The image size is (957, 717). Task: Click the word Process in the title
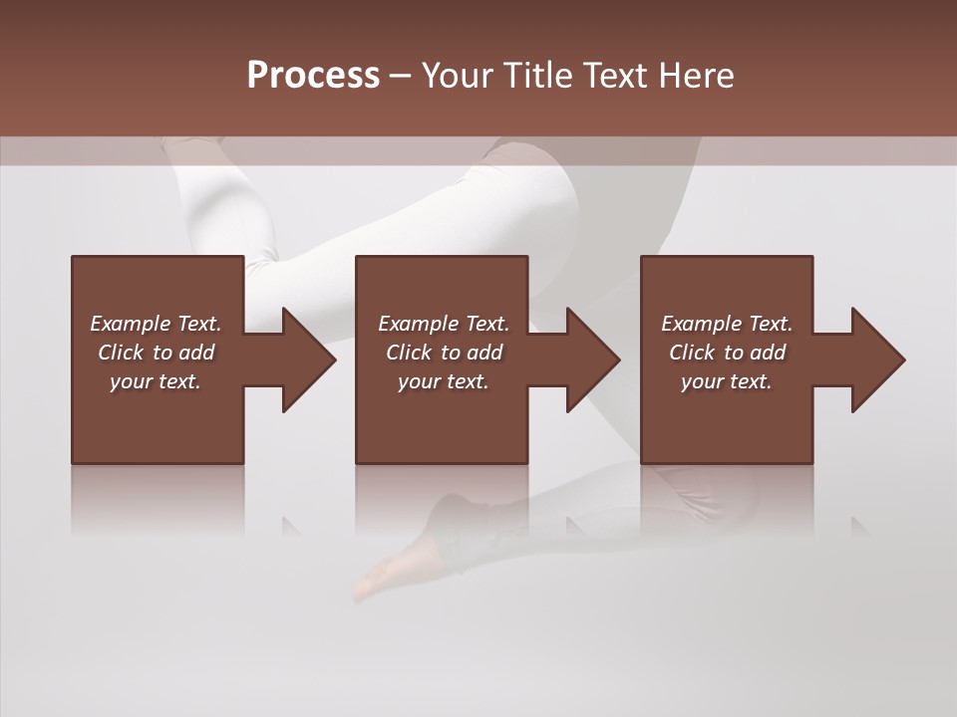(x=313, y=76)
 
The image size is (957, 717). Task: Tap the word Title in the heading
(x=535, y=76)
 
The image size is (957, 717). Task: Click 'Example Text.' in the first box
(x=156, y=324)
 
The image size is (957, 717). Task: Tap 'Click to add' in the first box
(x=156, y=353)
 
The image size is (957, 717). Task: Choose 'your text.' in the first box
(x=156, y=381)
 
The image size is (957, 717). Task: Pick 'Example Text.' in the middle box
(x=444, y=324)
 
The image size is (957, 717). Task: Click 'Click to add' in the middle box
(x=444, y=353)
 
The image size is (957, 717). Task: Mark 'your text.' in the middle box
(x=444, y=381)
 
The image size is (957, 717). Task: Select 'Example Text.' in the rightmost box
(x=727, y=324)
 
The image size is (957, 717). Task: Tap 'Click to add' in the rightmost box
(x=727, y=353)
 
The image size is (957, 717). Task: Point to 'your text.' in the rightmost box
(x=727, y=381)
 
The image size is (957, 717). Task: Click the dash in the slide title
(x=400, y=76)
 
